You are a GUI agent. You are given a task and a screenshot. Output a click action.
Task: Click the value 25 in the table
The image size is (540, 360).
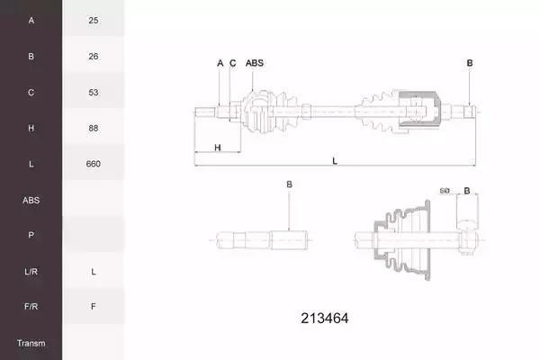point(94,21)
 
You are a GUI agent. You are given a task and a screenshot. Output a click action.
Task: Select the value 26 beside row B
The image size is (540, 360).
point(94,56)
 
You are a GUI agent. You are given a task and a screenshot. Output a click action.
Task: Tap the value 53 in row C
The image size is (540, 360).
point(94,93)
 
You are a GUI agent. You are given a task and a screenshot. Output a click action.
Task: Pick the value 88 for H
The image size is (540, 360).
point(94,128)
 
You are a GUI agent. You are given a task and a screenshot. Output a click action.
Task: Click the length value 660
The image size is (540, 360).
point(94,164)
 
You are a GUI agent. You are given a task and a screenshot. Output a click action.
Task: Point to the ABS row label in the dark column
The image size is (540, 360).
point(31,200)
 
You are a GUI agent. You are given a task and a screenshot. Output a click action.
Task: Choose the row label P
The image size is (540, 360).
point(31,235)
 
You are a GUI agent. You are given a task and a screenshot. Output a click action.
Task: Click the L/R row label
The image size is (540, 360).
point(31,272)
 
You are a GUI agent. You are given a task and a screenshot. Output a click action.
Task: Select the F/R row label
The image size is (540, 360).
point(31,306)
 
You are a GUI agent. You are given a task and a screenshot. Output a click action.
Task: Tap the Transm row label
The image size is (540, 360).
point(31,343)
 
